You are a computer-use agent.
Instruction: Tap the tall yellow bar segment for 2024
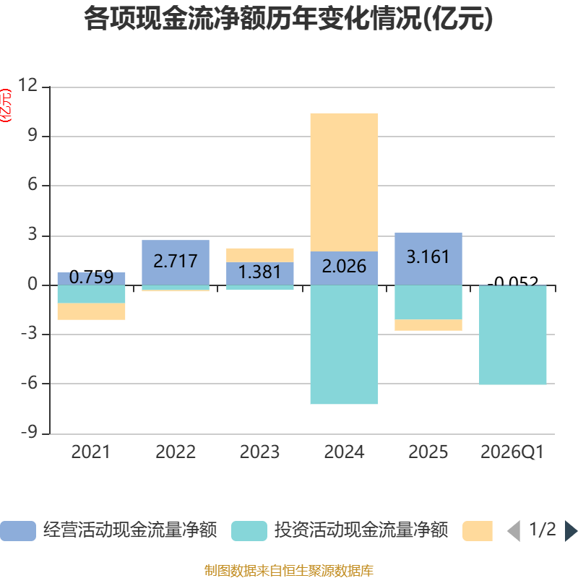344,181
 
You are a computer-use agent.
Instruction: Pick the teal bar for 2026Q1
513,335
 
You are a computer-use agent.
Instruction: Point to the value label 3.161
428,256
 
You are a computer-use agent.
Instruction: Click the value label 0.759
91,277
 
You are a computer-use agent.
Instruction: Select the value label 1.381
260,272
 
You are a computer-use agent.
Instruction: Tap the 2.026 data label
344,267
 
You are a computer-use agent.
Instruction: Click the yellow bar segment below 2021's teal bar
91,311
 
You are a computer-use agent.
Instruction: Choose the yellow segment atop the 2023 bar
260,254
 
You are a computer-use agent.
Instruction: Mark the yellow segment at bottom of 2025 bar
428,325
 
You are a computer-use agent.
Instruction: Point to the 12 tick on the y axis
28,86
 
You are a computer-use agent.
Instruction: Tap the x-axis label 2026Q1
512,452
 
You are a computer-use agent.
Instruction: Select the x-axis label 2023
260,452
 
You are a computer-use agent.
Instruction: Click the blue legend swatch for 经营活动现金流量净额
17,531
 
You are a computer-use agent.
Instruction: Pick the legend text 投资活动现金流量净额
361,531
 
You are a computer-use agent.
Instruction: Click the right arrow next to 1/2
571,531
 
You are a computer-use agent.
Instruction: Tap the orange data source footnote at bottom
289,571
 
